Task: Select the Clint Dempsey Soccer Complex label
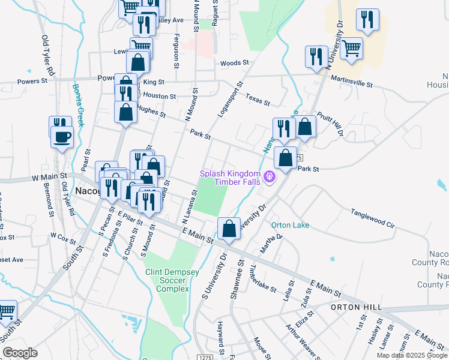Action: pyautogui.click(x=172, y=280)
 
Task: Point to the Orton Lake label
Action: pyautogui.click(x=290, y=226)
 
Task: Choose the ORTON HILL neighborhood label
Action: pyautogui.click(x=356, y=307)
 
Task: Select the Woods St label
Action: pyautogui.click(x=234, y=62)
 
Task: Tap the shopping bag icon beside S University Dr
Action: pyautogui.click(x=229, y=229)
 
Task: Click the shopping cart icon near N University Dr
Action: pyautogui.click(x=351, y=49)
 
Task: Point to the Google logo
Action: pyautogui.click(x=20, y=353)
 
